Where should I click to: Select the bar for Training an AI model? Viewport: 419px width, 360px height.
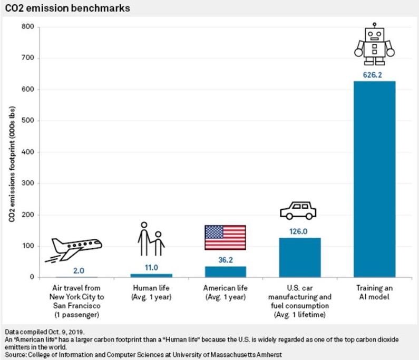[374, 179]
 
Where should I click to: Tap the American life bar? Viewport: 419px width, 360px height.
[225, 271]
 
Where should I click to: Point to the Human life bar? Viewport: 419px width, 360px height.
[151, 275]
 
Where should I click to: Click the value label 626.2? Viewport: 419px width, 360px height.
[374, 75]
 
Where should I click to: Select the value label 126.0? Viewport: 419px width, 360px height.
[299, 230]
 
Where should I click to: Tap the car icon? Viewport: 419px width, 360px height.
[298, 210]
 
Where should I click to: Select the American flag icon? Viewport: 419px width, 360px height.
[225, 237]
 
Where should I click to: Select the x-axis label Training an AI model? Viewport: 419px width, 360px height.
[374, 293]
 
